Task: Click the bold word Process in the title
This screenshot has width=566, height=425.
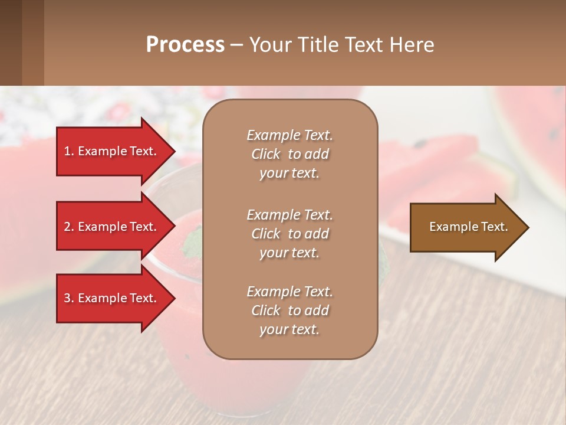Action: [x=185, y=45]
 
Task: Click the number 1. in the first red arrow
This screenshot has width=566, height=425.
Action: [x=69, y=151]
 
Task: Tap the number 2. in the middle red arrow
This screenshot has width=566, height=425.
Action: [x=69, y=227]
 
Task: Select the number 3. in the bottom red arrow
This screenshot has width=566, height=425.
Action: [x=69, y=298]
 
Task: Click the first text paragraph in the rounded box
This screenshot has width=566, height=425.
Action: [x=289, y=154]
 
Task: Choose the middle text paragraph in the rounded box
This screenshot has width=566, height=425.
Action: [x=289, y=234]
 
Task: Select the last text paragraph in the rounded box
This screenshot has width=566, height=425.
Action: [x=289, y=310]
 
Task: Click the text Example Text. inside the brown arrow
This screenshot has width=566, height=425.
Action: [x=468, y=227]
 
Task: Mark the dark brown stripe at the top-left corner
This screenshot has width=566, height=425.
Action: [x=11, y=42]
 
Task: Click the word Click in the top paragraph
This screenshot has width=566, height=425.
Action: [x=266, y=154]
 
